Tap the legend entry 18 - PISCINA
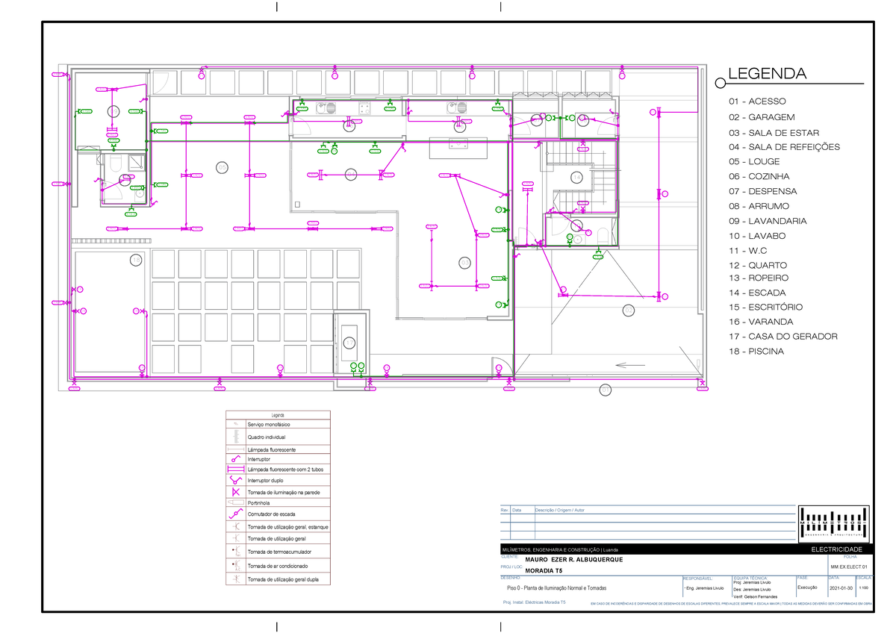click(756, 351)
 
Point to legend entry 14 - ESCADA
click(757, 293)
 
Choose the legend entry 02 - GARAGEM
click(762, 117)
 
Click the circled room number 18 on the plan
click(135, 260)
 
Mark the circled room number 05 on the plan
click(222, 166)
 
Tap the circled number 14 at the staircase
click(576, 177)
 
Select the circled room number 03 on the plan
click(464, 263)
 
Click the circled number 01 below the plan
click(605, 389)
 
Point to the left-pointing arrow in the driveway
click(630, 365)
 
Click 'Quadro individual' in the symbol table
click(266, 437)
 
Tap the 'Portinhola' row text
click(260, 503)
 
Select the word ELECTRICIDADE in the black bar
click(836, 549)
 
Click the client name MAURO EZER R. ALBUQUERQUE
click(573, 560)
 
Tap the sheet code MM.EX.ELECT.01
click(850, 568)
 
